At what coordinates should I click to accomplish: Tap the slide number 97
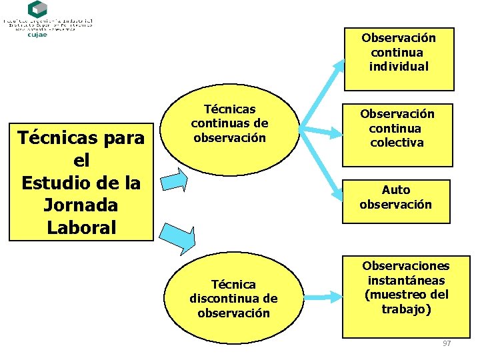447,343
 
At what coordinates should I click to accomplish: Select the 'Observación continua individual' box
399,59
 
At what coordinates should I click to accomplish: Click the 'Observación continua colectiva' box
397,134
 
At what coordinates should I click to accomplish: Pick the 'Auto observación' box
396,198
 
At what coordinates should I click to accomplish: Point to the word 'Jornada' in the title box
81,205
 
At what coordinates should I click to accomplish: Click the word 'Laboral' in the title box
81,227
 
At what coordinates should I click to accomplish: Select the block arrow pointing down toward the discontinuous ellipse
181,237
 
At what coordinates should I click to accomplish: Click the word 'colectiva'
397,142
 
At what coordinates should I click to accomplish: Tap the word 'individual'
399,66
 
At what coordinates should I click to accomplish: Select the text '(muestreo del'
406,294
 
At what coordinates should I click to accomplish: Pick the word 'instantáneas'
406,280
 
